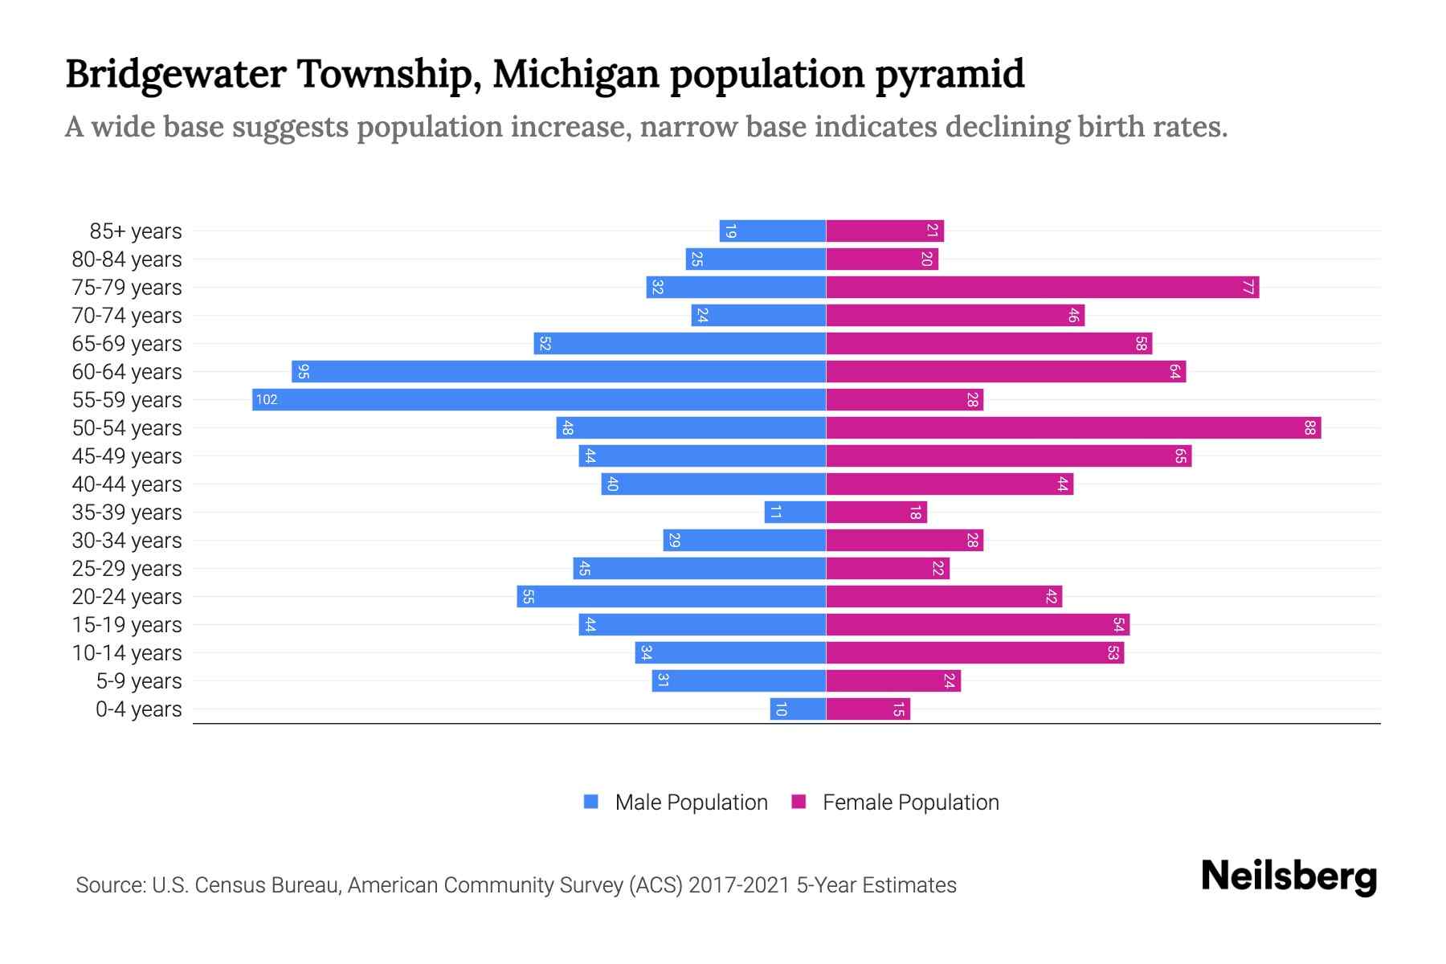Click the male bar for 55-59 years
(538, 399)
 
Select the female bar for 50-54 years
(1073, 427)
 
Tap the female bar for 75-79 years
(1042, 287)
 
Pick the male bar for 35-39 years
(795, 512)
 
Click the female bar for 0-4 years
(868, 709)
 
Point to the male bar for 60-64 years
(558, 371)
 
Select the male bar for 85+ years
(773, 231)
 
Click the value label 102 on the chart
(267, 399)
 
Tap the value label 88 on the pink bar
(1309, 427)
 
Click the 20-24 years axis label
(127, 596)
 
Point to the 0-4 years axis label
(138, 709)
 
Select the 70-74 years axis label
(127, 315)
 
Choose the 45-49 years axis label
(127, 455)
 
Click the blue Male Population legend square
(591, 802)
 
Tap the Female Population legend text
(910, 802)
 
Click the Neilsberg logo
(1289, 876)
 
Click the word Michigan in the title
(575, 74)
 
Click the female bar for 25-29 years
(888, 568)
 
